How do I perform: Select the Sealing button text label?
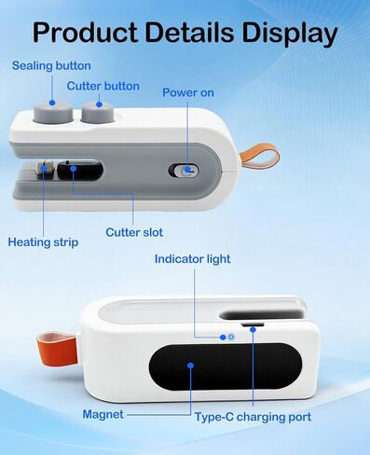tap(51, 65)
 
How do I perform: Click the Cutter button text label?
tap(103, 86)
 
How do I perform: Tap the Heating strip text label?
tap(43, 242)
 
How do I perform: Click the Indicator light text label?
tap(192, 258)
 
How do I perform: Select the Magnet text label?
tap(103, 413)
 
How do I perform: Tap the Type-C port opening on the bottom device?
tap(252, 326)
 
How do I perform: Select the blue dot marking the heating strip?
tap(46, 170)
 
